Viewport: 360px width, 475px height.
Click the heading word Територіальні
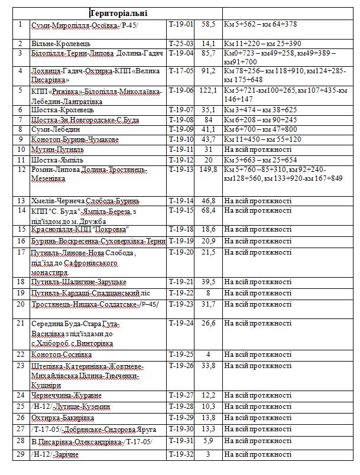coord(119,13)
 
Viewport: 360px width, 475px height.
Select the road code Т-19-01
coord(180,24)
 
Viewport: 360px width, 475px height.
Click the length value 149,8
coord(207,170)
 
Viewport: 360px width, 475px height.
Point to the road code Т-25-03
coord(180,44)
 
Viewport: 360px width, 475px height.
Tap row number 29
coord(21,454)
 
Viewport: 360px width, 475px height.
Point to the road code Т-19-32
coord(180,454)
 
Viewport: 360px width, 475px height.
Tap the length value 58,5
coord(207,24)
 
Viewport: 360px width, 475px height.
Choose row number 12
coord(21,170)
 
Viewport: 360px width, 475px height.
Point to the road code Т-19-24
coord(180,323)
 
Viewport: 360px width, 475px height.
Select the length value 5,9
coord(207,441)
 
